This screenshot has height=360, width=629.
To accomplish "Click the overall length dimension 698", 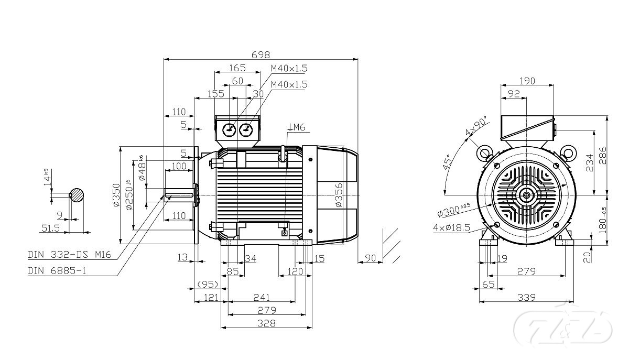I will [x=261, y=54].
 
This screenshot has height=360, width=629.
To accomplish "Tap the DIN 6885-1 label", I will [x=57, y=271].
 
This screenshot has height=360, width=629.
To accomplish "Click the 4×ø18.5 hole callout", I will [x=451, y=228].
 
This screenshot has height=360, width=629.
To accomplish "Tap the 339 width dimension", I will [x=527, y=298].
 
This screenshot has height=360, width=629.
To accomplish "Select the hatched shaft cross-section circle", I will [x=78, y=195].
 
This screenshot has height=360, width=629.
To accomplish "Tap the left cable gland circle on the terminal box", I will [x=229, y=129].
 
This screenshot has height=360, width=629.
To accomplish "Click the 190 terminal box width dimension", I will [x=527, y=81].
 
